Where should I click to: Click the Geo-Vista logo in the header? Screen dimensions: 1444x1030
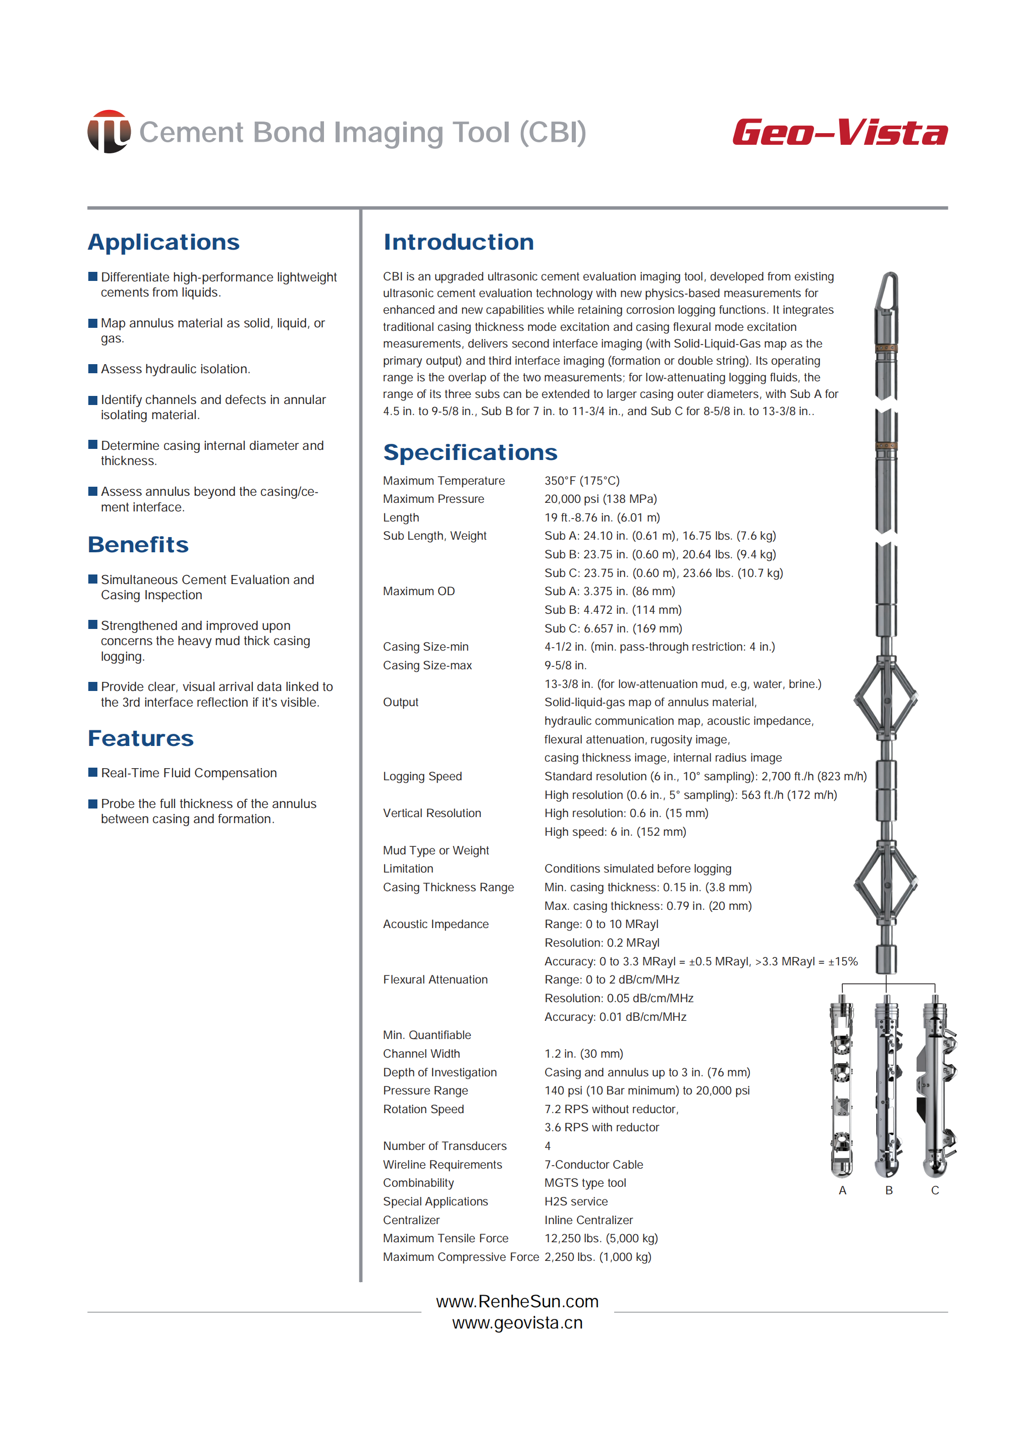[x=839, y=133]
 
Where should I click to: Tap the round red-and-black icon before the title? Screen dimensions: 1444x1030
[x=109, y=132]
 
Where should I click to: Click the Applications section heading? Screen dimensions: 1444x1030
[x=164, y=242]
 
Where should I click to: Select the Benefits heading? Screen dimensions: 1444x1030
[x=138, y=545]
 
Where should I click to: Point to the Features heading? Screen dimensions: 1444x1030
[x=141, y=738]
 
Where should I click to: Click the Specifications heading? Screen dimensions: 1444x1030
[x=470, y=452]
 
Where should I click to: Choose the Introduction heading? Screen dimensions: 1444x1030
[x=459, y=242]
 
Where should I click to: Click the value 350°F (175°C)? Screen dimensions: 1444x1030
[x=581, y=481]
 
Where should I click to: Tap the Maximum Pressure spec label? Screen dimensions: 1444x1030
[x=433, y=499]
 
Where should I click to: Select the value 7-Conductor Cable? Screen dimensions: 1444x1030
[x=593, y=1165]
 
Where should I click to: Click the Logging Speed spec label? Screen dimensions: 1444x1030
[x=422, y=776]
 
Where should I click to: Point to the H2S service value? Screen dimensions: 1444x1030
[x=576, y=1201]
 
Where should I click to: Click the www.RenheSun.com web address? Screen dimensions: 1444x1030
[x=517, y=1301]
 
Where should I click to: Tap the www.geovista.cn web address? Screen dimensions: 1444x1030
[x=517, y=1323]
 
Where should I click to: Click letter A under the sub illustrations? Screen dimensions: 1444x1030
[x=842, y=1190]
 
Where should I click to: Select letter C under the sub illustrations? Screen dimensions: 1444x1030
[x=935, y=1190]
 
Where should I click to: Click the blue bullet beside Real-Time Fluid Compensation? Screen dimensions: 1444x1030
[x=92, y=772]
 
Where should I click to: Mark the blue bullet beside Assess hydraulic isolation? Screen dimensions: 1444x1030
[x=92, y=368]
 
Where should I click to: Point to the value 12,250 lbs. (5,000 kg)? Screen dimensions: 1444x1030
[x=601, y=1238]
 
